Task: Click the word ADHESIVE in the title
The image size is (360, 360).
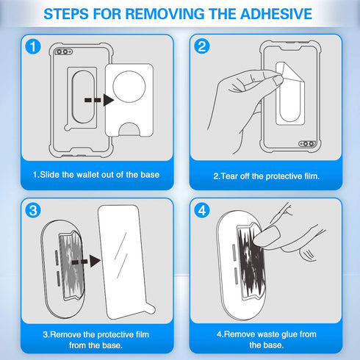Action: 276,14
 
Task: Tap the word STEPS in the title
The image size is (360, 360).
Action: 66,14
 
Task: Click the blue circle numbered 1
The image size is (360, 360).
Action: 33,46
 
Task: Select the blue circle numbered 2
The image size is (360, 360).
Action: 202,46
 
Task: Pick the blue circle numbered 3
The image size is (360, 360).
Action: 33,210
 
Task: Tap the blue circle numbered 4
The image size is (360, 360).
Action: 202,210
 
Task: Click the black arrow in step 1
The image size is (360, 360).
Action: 99,100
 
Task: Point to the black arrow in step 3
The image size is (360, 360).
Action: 86,262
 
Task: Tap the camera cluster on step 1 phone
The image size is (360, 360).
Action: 63,51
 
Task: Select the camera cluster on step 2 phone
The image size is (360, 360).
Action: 307,144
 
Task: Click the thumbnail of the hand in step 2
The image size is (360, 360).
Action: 278,80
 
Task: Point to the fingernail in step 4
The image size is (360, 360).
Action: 267,234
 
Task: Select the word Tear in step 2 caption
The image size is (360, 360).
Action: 229,176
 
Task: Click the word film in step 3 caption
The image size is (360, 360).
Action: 143,334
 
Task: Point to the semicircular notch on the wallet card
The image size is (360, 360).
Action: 129,129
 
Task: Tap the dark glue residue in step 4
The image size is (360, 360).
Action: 251,262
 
